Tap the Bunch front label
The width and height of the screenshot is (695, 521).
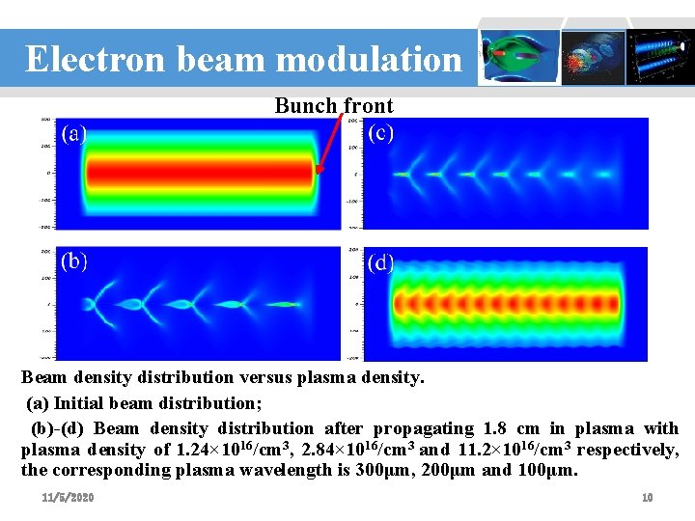[334, 105]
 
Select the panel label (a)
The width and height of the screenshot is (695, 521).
[74, 133]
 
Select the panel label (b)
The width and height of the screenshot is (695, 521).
[74, 260]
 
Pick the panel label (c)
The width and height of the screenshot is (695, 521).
[380, 132]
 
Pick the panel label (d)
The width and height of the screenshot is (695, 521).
[381, 262]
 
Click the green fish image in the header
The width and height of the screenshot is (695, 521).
[520, 55]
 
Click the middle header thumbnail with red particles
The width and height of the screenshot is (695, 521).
[592, 55]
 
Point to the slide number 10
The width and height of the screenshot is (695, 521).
[648, 497]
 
